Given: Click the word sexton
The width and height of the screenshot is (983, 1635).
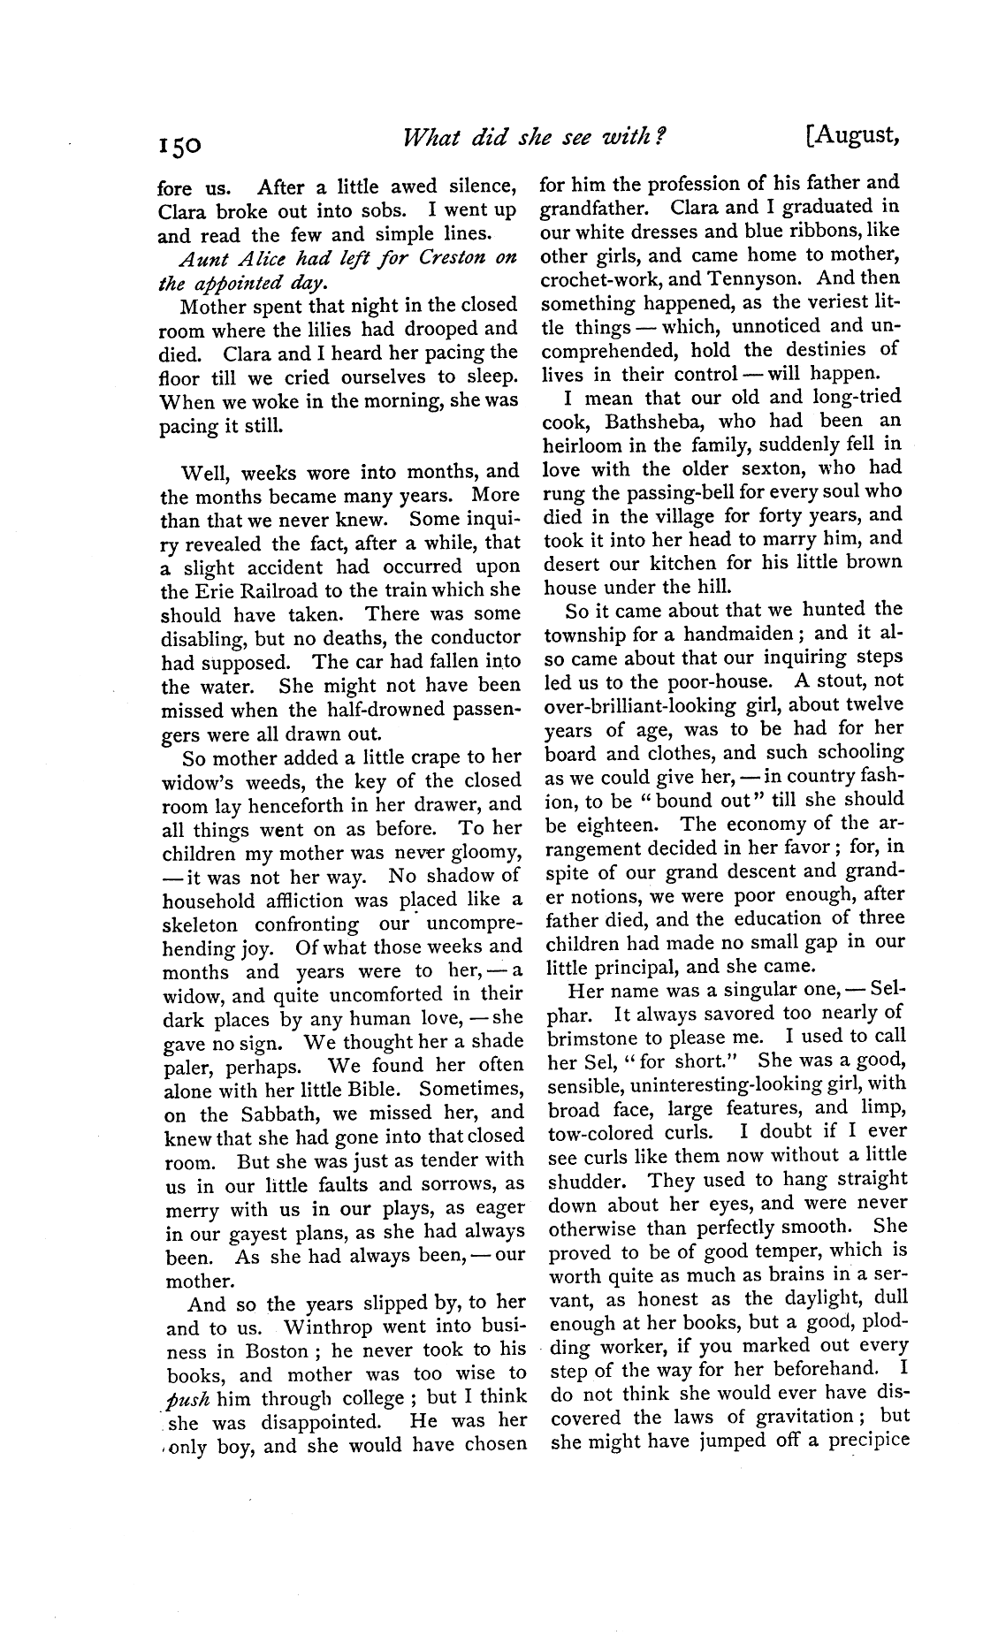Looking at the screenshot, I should pyautogui.click(x=765, y=468).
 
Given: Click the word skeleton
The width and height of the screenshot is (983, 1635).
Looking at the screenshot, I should pyautogui.click(x=200, y=925).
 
